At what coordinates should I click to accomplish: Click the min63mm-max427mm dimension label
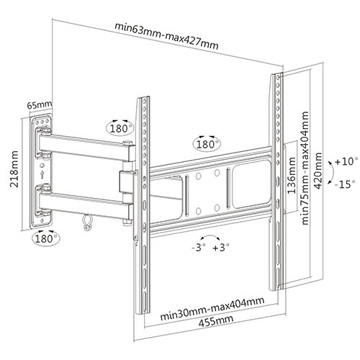166,36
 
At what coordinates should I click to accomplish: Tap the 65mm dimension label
39,105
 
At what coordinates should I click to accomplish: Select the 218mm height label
14,169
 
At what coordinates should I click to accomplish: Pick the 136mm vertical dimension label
292,175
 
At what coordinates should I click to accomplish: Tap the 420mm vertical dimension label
318,171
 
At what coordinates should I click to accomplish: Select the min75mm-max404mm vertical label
305,168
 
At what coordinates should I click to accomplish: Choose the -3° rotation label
199,247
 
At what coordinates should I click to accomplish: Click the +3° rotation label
221,247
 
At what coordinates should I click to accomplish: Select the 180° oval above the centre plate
207,143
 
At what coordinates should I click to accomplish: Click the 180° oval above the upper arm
120,127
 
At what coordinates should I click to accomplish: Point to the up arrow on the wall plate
42,174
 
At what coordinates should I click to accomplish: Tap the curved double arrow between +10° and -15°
333,173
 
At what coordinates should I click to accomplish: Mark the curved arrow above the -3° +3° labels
210,235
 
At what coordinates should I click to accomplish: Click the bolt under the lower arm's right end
127,222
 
